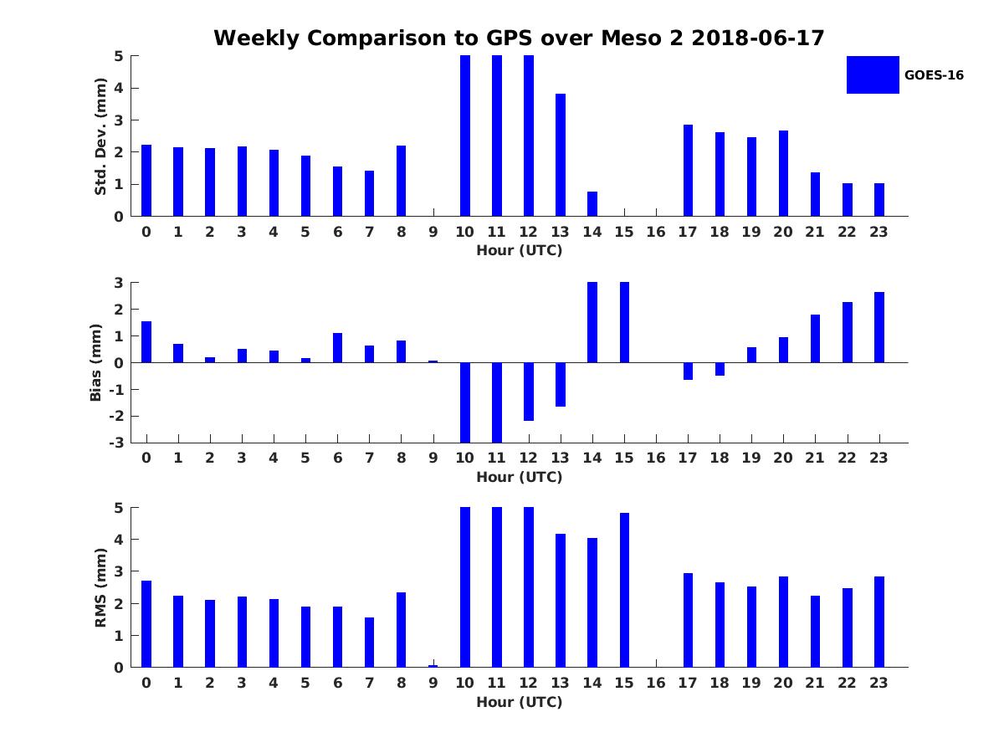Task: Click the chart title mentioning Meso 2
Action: point(519,38)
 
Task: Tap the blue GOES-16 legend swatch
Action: point(873,74)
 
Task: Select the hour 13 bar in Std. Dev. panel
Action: point(561,155)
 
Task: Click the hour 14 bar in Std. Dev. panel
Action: point(592,204)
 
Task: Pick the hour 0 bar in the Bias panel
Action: point(146,341)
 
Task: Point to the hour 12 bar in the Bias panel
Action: point(529,392)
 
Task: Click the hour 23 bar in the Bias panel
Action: point(879,327)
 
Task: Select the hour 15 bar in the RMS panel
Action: point(624,590)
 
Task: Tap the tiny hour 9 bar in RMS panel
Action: point(433,666)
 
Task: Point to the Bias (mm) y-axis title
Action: point(96,362)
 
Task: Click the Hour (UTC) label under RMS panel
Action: point(519,702)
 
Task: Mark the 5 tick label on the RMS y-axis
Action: point(120,508)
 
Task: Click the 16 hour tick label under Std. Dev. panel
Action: point(656,232)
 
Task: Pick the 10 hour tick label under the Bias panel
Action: point(464,458)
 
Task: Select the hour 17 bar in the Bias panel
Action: point(689,371)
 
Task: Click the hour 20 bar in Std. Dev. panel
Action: point(784,173)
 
